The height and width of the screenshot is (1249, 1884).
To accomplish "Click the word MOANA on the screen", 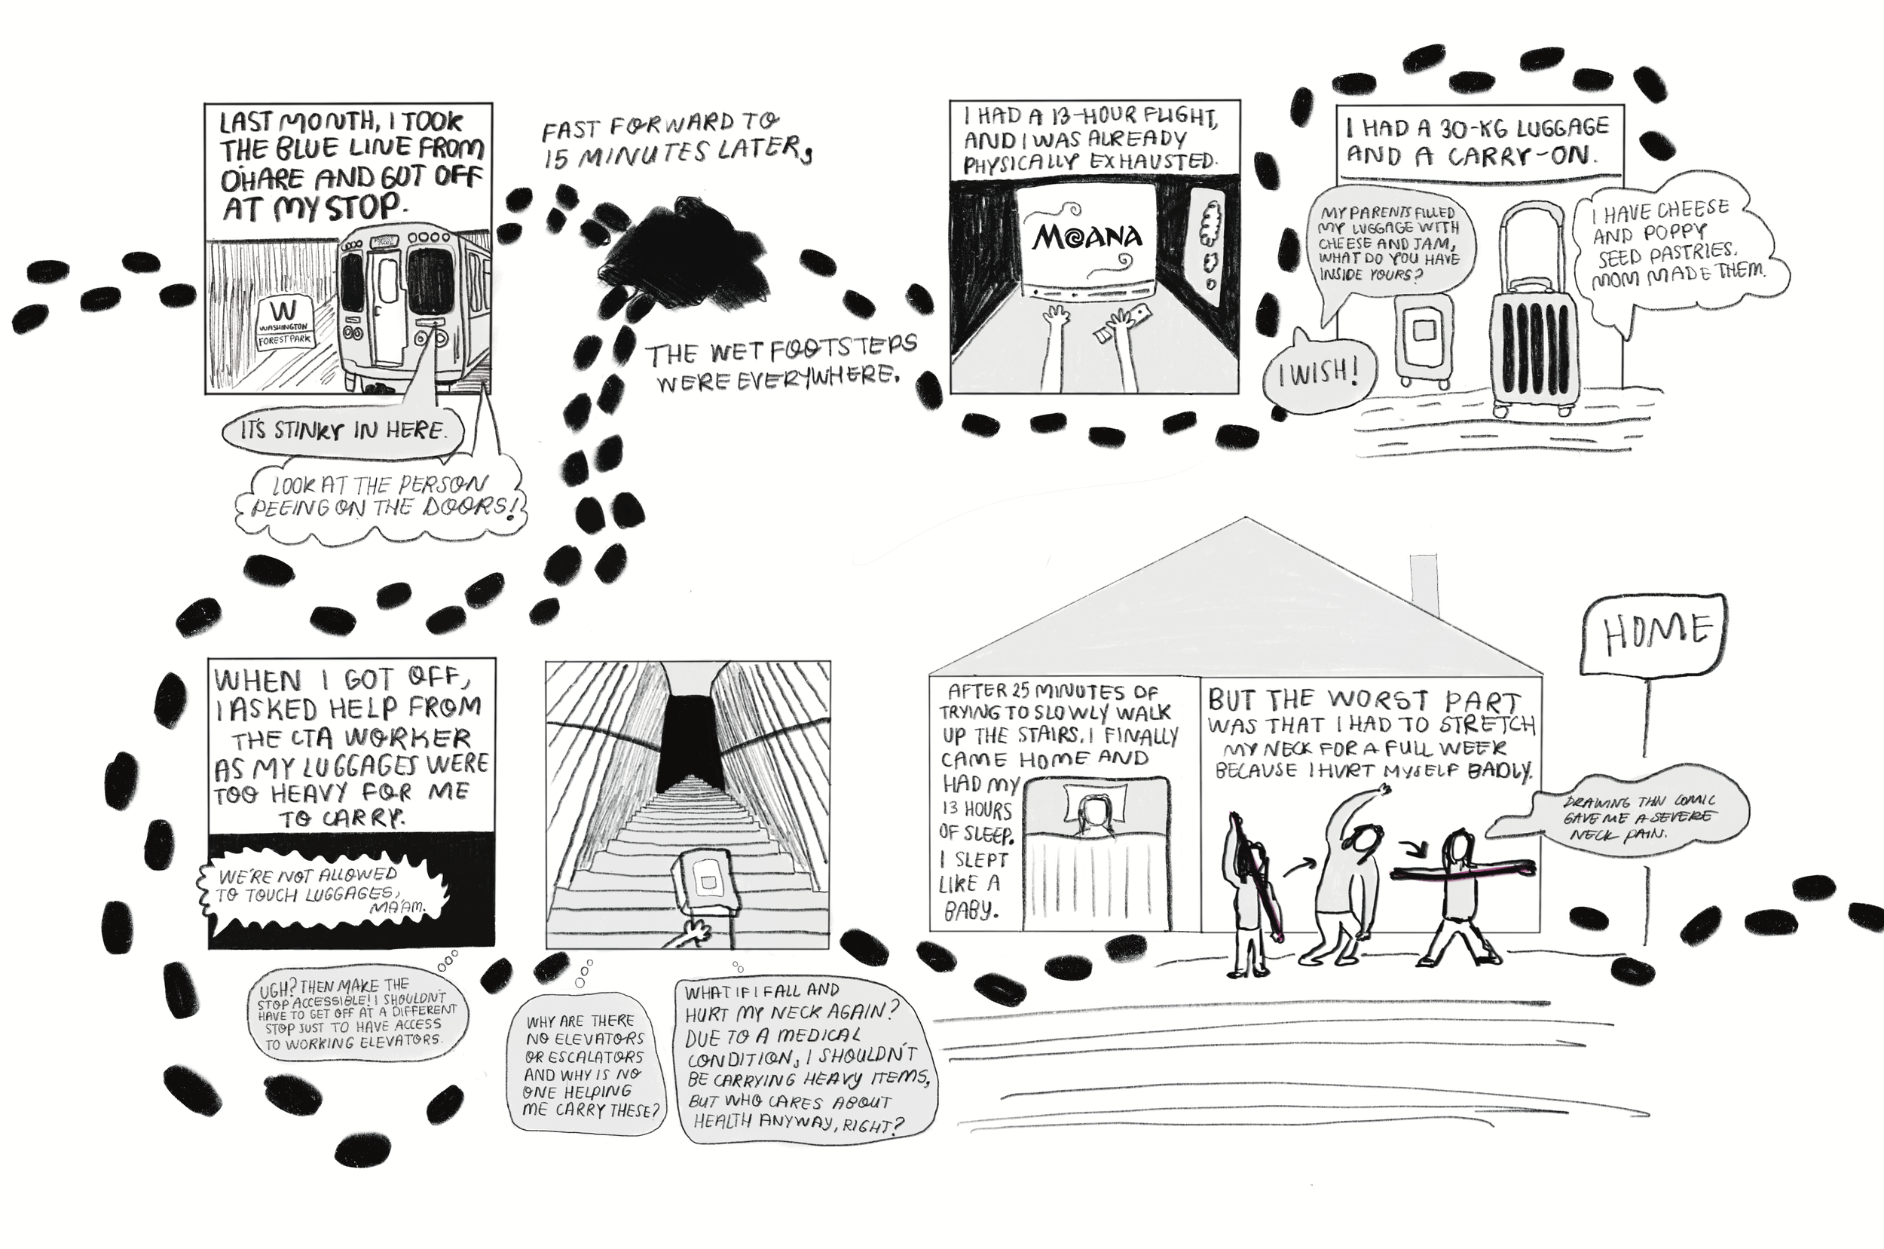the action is point(1087,236).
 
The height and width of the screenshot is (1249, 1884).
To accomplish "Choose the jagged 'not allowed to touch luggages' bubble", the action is point(323,895).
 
